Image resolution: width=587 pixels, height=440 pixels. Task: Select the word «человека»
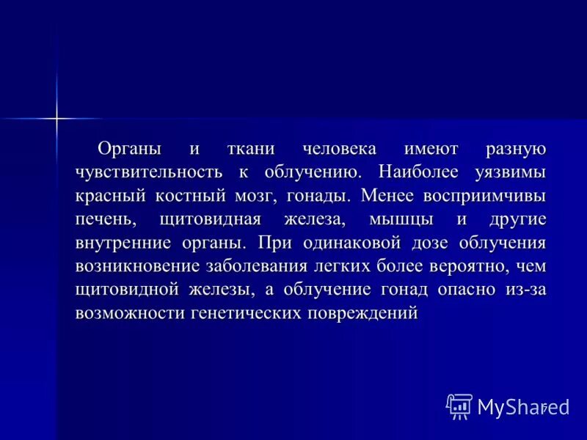click(340, 150)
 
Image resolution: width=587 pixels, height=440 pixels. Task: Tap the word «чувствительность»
click(147, 173)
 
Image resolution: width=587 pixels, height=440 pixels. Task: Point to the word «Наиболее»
click(420, 173)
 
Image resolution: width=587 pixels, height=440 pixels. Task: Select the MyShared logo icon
click(459, 406)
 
